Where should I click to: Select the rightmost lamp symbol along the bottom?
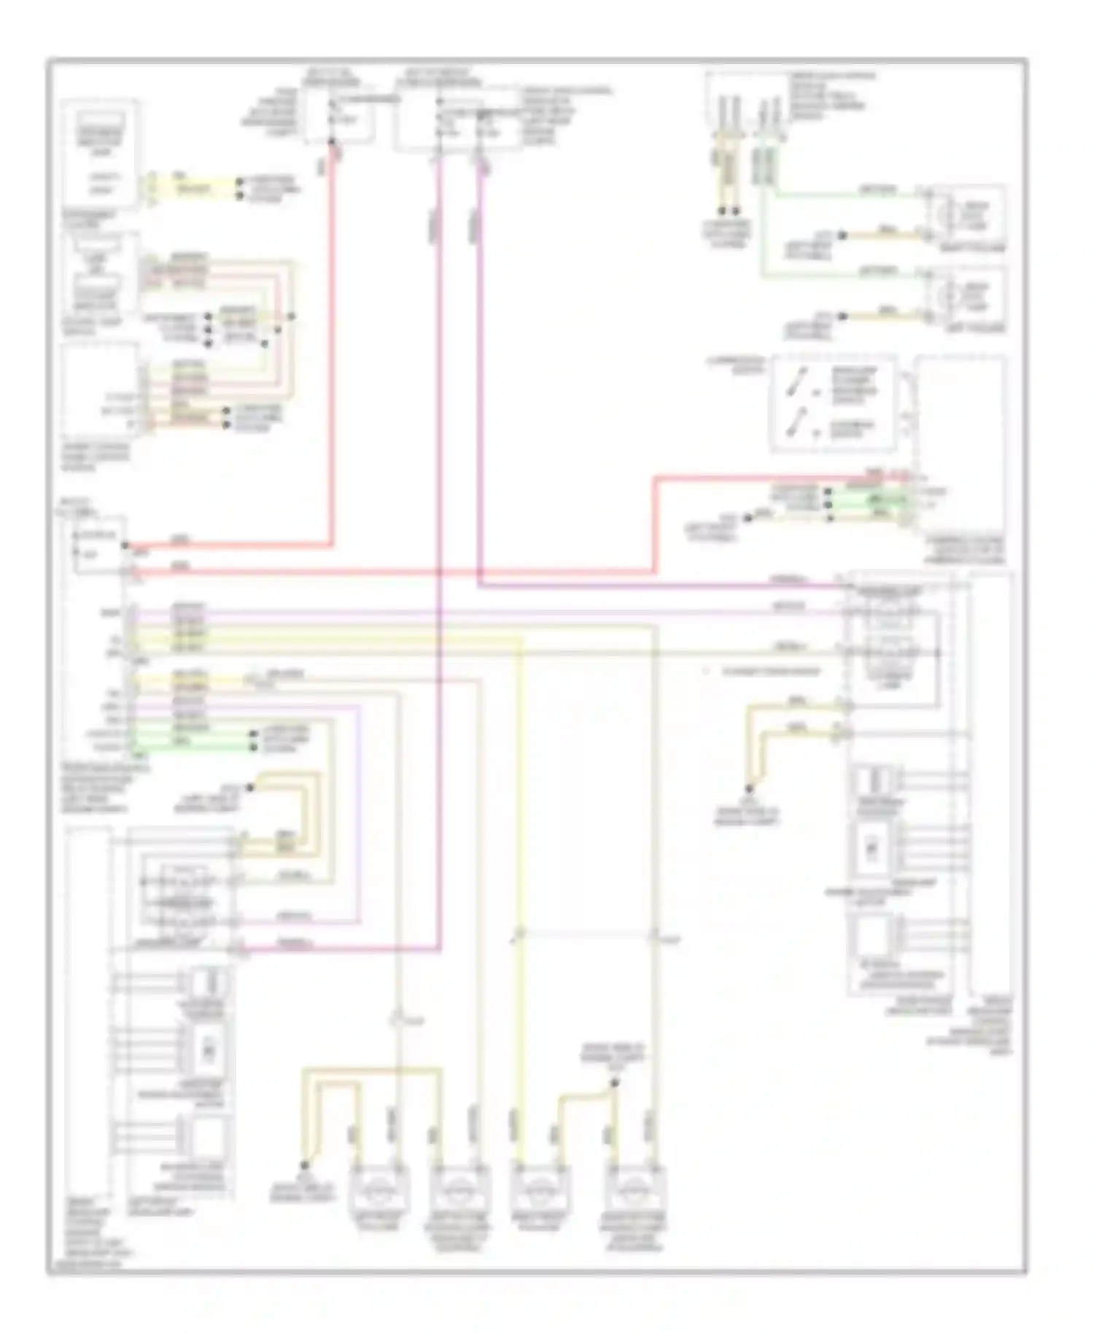(x=635, y=1189)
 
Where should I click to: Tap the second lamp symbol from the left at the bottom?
(x=457, y=1189)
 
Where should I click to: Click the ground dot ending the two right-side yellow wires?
(x=748, y=789)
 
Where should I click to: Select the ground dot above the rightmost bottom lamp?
(x=614, y=1084)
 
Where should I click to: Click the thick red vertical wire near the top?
(x=333, y=328)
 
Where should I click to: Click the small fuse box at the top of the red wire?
(x=339, y=117)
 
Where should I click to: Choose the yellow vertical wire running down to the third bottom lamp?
(x=520, y=875)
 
